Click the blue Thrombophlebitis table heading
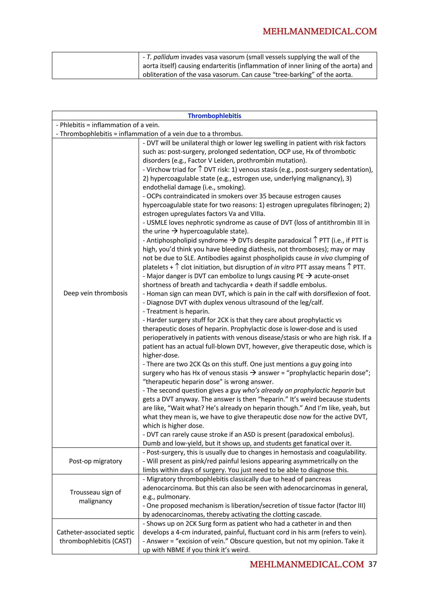pos(214,116)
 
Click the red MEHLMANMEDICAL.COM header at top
pos(320,31)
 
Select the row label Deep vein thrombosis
pos(96,293)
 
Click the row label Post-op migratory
pos(96,461)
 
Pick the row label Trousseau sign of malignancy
pos(96,496)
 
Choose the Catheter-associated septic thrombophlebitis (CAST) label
pos(96,536)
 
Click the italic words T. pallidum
pos(163,57)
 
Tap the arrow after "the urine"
pos(174,231)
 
